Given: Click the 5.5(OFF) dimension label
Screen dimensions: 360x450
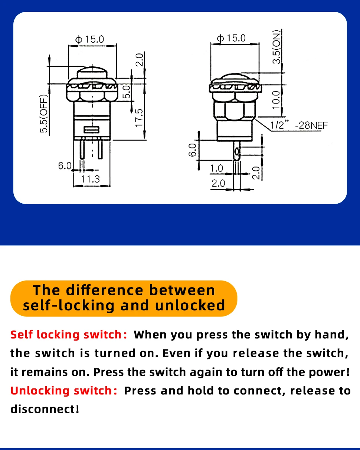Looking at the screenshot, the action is pyautogui.click(x=44, y=114).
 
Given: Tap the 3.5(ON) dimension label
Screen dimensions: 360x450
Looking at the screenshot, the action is pyautogui.click(x=276, y=47).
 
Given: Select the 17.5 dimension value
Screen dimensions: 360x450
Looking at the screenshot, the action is pyautogui.click(x=139, y=118).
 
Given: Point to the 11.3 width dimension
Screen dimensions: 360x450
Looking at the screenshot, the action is pyautogui.click(x=90, y=179).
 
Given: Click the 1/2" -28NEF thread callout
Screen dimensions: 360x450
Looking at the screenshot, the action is pyautogui.click(x=299, y=125).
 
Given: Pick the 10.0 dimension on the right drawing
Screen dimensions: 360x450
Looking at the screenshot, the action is pyautogui.click(x=276, y=100).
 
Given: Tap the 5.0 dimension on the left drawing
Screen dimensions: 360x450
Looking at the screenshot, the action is pyautogui.click(x=126, y=92).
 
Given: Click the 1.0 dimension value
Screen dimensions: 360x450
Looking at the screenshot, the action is pyautogui.click(x=216, y=168).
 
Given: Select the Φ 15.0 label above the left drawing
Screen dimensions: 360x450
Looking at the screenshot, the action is pyautogui.click(x=89, y=39).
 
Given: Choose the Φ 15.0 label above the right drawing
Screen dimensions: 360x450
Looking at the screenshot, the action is pyautogui.click(x=231, y=38).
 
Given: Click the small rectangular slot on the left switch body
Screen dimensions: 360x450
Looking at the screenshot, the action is pyautogui.click(x=91, y=129).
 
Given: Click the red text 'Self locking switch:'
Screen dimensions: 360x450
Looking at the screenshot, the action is pyautogui.click(x=69, y=335).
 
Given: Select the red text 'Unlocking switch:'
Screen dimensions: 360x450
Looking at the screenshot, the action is pyautogui.click(x=64, y=391).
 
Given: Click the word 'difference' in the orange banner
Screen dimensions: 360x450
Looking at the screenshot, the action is pyautogui.click(x=105, y=290).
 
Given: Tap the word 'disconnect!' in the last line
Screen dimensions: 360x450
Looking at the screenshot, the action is pyautogui.click(x=45, y=409).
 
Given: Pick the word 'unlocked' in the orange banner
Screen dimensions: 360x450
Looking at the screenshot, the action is pyautogui.click(x=190, y=306).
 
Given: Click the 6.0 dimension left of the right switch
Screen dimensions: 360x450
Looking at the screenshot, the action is pyautogui.click(x=192, y=150).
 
